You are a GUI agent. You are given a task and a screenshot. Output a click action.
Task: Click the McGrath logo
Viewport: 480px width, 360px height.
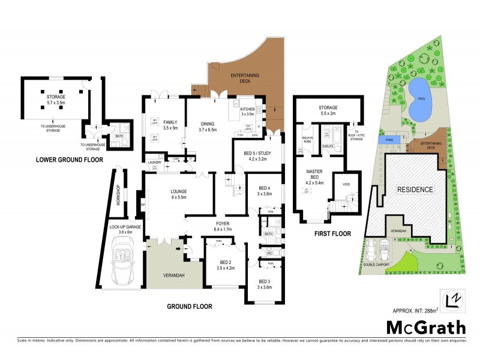[x=425, y=328]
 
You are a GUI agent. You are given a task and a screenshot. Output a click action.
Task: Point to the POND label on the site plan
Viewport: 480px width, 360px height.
[x=387, y=140]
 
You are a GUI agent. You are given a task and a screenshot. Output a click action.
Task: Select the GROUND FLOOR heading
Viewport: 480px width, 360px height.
[x=189, y=306]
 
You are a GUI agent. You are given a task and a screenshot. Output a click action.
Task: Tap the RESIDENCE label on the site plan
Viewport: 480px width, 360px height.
[x=415, y=190]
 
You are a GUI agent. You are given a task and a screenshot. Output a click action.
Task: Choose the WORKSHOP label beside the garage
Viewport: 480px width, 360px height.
[x=118, y=196]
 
